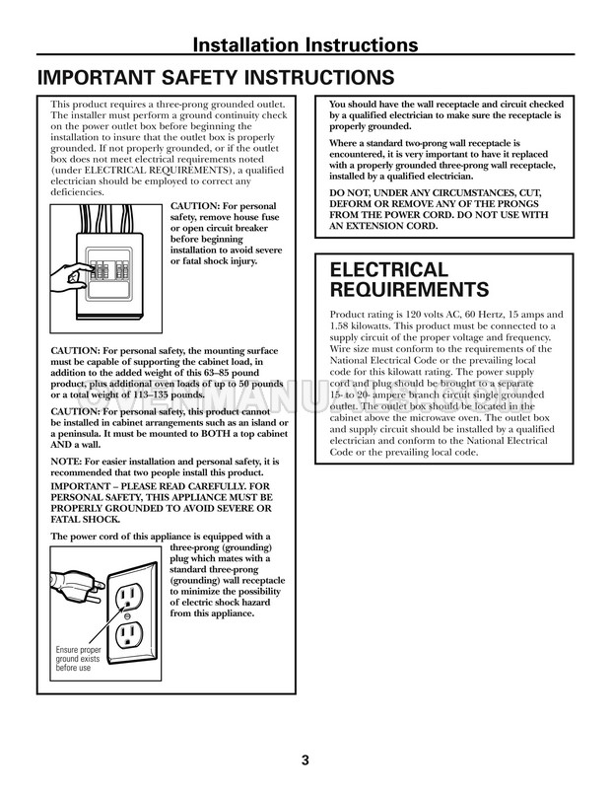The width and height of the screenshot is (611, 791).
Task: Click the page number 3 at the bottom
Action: click(x=305, y=759)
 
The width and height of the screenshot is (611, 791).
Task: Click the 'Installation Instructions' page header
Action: click(x=305, y=44)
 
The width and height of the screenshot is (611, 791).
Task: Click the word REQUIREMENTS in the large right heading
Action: click(x=410, y=290)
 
